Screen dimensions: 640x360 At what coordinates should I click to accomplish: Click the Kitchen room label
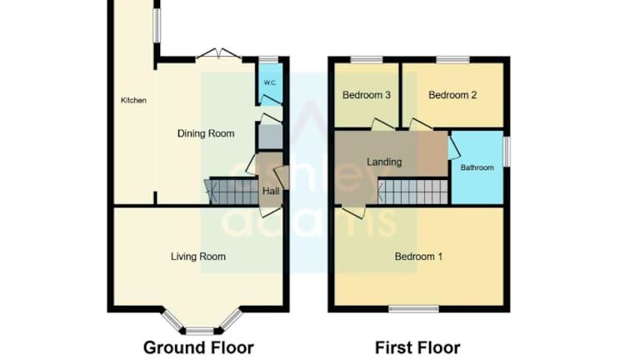coord(133,100)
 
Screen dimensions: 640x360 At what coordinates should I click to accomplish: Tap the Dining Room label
coord(206,133)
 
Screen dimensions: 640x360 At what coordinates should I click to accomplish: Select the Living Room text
coord(198,257)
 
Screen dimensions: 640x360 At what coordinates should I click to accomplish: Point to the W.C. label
coord(270,82)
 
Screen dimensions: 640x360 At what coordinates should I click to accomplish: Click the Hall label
coord(271,191)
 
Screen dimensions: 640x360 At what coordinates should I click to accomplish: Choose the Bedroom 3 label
coord(367,95)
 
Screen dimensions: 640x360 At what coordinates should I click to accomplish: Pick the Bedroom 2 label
coord(452,95)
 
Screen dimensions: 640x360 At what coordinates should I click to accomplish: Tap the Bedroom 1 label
coord(419,257)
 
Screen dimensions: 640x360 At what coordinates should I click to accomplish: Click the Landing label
coord(384,162)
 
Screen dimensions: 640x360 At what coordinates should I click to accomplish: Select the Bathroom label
coord(477,167)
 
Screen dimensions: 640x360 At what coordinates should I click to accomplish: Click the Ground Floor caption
coord(198,347)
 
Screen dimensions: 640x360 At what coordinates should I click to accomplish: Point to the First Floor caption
coord(417,347)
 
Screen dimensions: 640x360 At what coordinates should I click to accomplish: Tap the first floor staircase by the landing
coord(412,192)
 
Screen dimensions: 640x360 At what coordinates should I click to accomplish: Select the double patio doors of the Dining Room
coord(219,55)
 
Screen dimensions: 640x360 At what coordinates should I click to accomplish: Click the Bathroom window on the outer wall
coord(507,152)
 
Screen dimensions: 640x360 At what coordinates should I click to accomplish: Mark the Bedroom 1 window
coord(414,309)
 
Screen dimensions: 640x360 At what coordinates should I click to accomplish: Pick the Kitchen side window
coord(157,25)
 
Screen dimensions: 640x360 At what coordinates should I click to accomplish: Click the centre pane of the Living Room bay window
coord(200,331)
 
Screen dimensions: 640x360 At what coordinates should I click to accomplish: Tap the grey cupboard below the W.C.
coord(270,137)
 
